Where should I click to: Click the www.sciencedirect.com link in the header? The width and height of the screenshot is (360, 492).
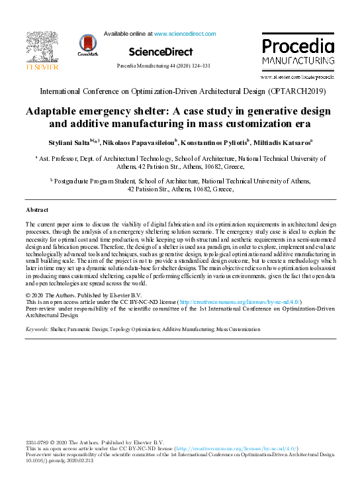pyautogui.click(x=185, y=33)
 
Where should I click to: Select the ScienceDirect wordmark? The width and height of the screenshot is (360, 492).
pyautogui.click(x=161, y=52)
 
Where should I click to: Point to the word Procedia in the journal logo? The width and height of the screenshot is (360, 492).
pyautogui.click(x=298, y=46)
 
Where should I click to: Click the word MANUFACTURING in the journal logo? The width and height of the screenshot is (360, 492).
pyautogui.click(x=298, y=60)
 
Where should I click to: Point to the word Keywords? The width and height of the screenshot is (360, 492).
pyautogui.click(x=36, y=328)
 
